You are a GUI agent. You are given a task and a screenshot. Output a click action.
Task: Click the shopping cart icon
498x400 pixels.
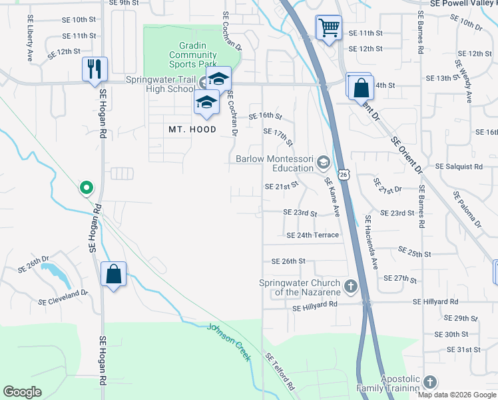[328, 28]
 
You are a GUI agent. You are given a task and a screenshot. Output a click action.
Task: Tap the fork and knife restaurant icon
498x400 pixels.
[94, 68]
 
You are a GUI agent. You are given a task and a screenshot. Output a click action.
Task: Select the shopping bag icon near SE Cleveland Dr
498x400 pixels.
[113, 273]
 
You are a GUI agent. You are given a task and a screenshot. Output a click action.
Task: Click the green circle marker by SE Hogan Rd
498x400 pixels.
[86, 189]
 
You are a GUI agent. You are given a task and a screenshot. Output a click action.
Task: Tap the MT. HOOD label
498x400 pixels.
[192, 129]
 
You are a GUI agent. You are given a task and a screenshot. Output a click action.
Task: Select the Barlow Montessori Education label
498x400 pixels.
[275, 163]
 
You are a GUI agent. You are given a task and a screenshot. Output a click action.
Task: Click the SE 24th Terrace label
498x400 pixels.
[312, 235]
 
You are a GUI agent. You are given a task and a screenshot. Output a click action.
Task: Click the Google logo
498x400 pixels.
[22, 392]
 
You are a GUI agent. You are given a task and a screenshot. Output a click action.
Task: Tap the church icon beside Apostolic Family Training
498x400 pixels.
[429, 383]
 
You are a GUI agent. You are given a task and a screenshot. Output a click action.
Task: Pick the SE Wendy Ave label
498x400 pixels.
[463, 81]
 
